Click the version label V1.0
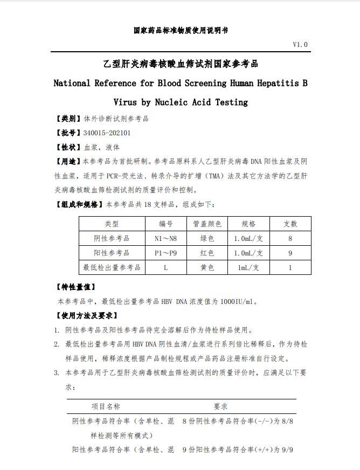[300, 45]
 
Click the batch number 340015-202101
[107, 133]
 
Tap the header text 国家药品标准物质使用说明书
[181, 30]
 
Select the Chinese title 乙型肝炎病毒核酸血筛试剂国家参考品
[181, 64]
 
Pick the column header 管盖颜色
[207, 224]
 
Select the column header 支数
[290, 224]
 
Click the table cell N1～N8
[165, 238]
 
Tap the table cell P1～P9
[165, 253]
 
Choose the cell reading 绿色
[207, 238]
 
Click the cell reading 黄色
[207, 267]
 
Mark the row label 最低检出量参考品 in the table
[112, 267]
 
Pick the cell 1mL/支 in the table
[248, 267]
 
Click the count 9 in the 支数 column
[290, 253]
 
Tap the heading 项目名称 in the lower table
[106, 406]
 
